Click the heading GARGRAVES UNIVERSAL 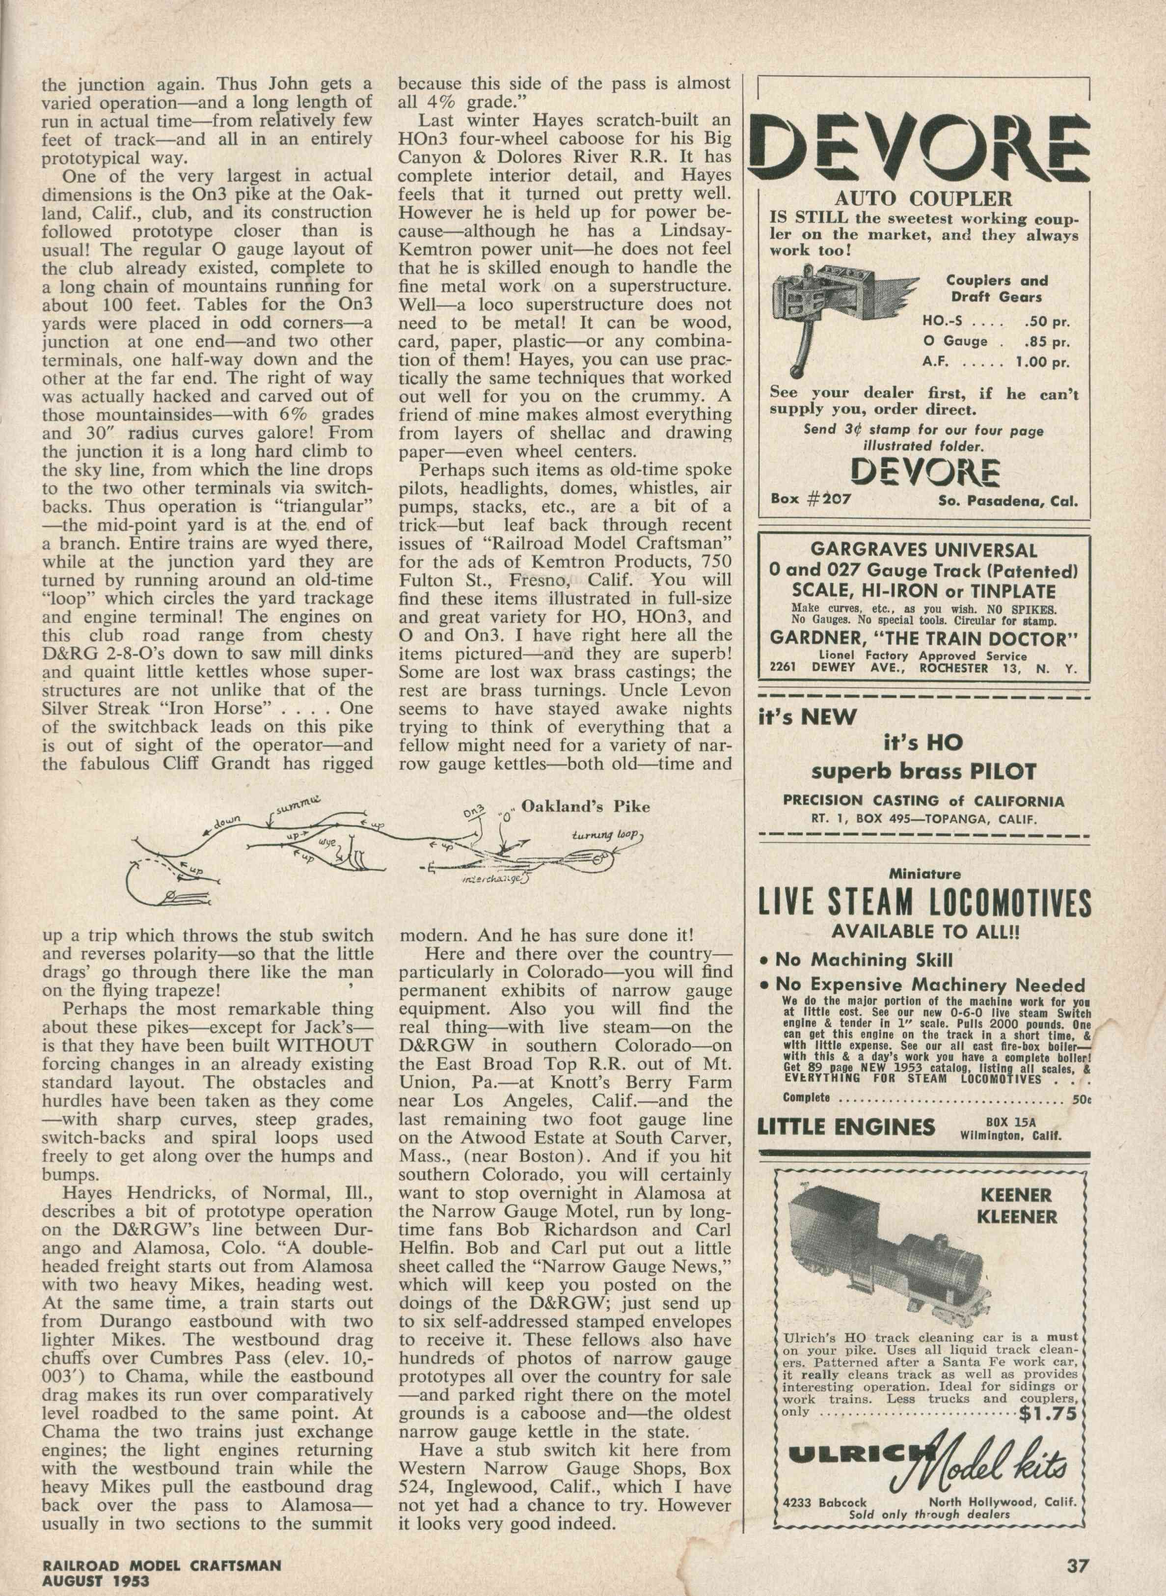(x=924, y=550)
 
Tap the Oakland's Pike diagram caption (x=585, y=806)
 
